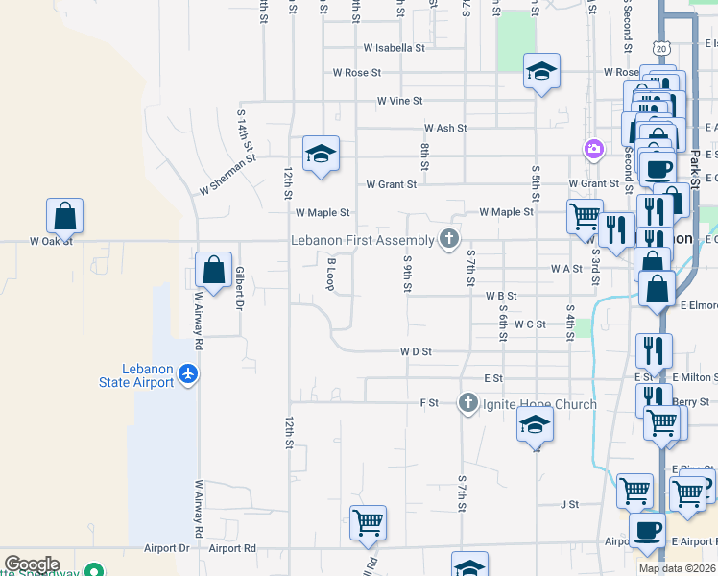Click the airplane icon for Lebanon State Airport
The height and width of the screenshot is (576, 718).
pyautogui.click(x=188, y=372)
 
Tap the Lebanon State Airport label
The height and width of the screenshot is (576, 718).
pyautogui.click(x=150, y=375)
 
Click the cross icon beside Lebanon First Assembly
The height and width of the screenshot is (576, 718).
pyautogui.click(x=447, y=239)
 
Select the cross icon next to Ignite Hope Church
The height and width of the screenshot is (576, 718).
pyautogui.click(x=467, y=403)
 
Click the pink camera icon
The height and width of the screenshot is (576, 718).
pyautogui.click(x=593, y=148)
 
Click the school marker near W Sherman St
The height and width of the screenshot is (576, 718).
pyautogui.click(x=321, y=154)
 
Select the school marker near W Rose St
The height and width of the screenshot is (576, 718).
pyautogui.click(x=541, y=71)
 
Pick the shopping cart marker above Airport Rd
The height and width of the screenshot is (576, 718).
pyautogui.click(x=369, y=523)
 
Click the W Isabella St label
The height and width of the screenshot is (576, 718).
pyautogui.click(x=394, y=47)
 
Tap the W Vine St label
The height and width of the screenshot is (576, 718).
pyautogui.click(x=399, y=100)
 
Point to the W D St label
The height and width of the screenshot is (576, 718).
pyautogui.click(x=416, y=351)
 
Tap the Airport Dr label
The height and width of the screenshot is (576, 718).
pyautogui.click(x=166, y=548)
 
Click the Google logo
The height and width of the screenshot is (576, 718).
pyautogui.click(x=32, y=564)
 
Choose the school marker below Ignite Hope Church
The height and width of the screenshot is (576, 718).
pyautogui.click(x=535, y=424)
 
